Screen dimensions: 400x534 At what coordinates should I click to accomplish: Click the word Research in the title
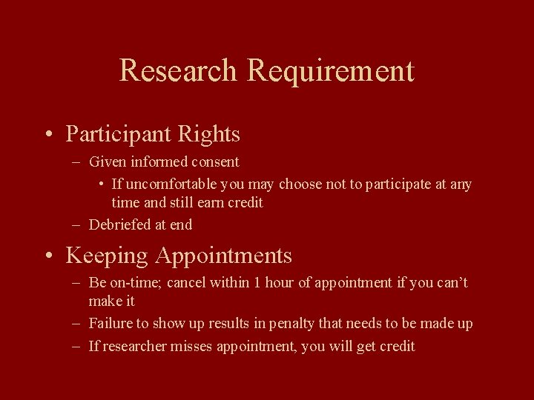179,71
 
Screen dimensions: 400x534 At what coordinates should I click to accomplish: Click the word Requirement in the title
331,71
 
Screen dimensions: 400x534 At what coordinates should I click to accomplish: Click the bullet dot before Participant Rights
48,136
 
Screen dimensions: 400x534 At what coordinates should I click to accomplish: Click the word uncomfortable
164,184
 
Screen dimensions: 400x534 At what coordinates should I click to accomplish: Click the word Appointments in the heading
223,256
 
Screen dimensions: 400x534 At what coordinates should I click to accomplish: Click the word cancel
186,282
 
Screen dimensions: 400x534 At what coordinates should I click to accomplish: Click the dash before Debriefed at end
77,224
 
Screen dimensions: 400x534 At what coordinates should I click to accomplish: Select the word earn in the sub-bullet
212,202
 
